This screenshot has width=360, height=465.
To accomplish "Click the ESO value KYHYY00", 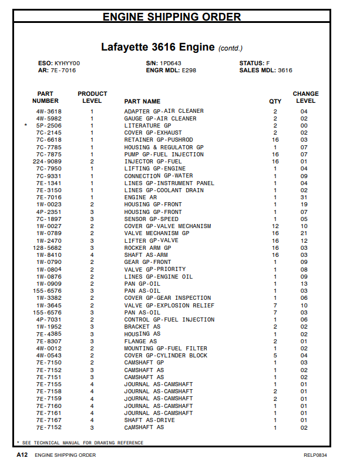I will pyautogui.click(x=68, y=63).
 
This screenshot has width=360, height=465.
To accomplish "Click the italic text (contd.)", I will pyautogui.click(x=230, y=48).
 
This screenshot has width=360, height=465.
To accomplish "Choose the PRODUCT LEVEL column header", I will pyautogui.click(x=92, y=97).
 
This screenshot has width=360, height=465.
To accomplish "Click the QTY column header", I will pyautogui.click(x=275, y=101).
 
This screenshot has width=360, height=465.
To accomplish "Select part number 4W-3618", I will pyautogui.click(x=49, y=111).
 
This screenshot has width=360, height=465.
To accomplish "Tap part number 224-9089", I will pyautogui.click(x=47, y=162).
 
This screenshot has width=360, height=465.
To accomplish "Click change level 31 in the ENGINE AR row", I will pyautogui.click(x=304, y=198).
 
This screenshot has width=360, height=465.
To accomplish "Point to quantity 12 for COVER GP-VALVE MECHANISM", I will pyautogui.click(x=275, y=226).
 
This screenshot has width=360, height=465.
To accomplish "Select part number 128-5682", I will pyautogui.click(x=47, y=248).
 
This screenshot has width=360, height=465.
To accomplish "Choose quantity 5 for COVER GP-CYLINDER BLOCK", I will pyautogui.click(x=275, y=356).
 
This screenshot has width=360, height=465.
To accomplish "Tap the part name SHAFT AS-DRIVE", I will pyautogui.click(x=150, y=420).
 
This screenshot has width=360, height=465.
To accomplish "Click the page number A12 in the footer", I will pyautogui.click(x=23, y=455).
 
